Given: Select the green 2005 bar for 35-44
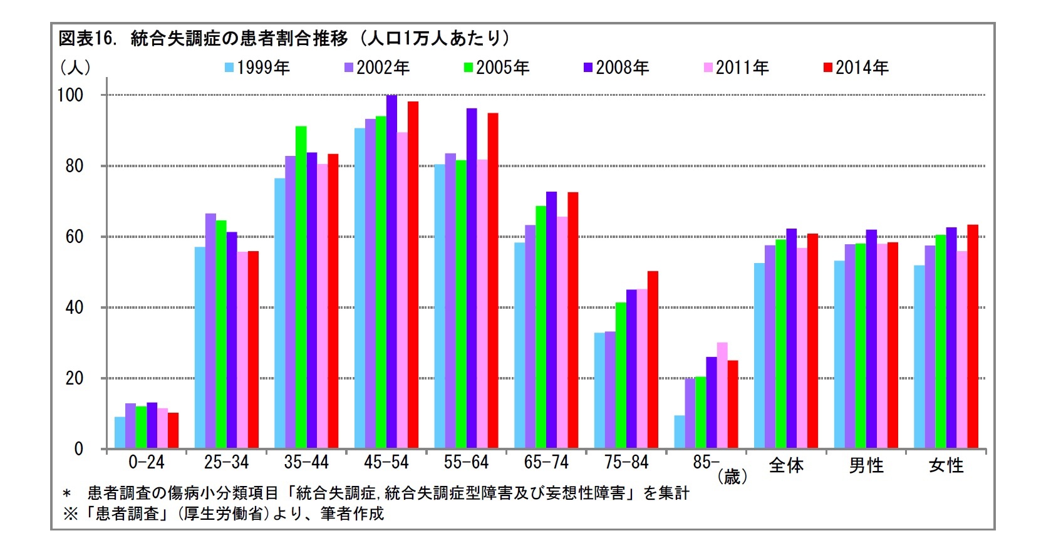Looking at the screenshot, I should point(301,288).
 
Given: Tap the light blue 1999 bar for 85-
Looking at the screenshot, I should point(680,432).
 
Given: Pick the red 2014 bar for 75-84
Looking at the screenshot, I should point(653,360).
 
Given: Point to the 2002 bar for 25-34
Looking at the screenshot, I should point(210,332).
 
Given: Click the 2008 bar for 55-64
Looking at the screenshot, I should point(472,279).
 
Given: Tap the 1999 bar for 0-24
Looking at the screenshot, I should point(120,433).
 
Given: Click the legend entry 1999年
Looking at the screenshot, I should point(257,68).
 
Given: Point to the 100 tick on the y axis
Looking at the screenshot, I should point(70,95).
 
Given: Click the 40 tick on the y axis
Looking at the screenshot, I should point(74,308).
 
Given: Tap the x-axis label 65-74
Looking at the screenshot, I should point(546,463).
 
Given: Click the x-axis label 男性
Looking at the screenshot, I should point(866,465).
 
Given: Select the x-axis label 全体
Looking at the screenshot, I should point(786,465).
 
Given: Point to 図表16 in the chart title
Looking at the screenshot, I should point(87,39).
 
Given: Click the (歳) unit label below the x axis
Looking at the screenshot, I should point(732,478).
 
